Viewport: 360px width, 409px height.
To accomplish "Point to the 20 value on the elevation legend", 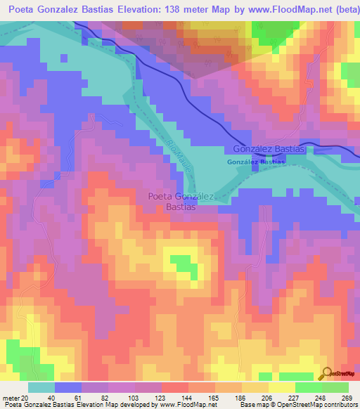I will [25, 398].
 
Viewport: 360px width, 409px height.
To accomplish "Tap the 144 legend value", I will [198, 398].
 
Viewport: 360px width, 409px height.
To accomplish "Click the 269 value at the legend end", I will [346, 398].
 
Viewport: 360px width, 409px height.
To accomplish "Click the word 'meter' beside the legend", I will [10, 398].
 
